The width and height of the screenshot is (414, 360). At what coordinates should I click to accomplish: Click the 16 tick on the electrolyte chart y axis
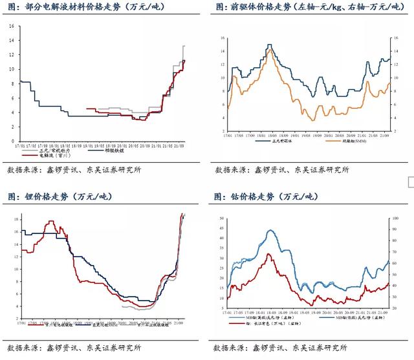(x=12, y=26)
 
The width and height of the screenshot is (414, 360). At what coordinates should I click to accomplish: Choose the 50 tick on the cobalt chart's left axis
(x=221, y=219)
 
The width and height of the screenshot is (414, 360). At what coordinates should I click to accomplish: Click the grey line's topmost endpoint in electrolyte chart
(x=184, y=46)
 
